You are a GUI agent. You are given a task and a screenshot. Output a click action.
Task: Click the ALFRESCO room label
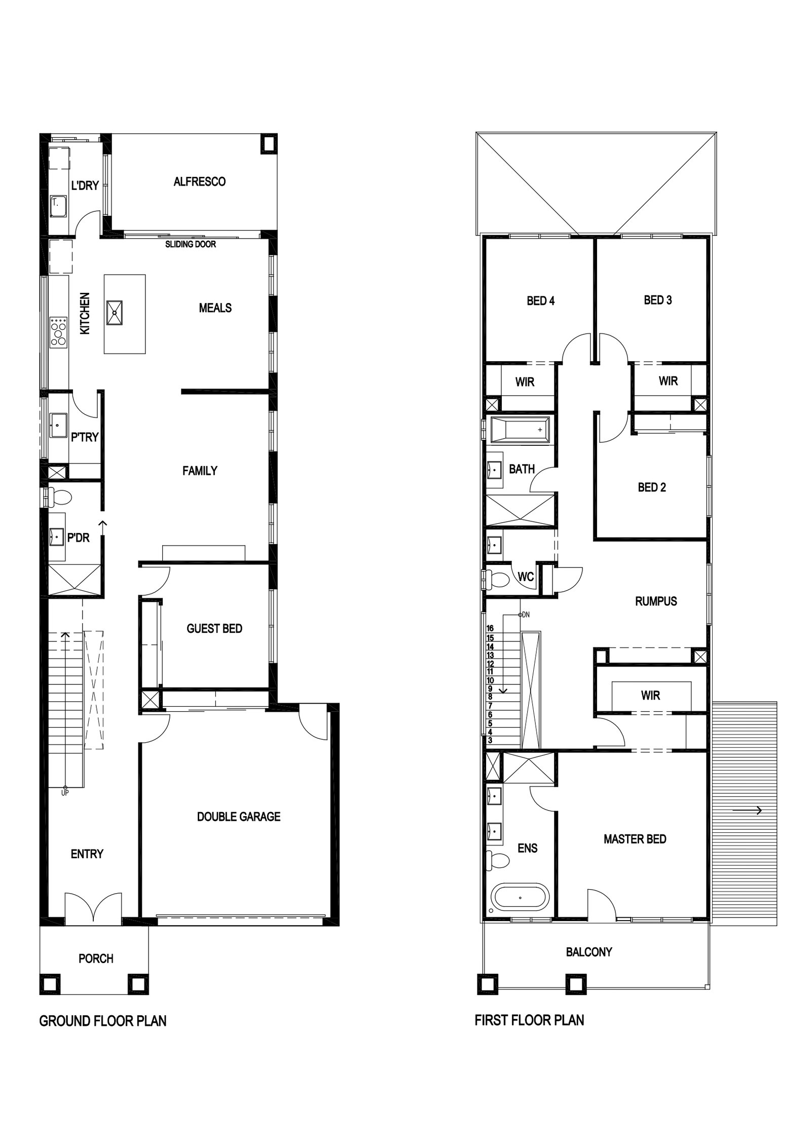point(199,181)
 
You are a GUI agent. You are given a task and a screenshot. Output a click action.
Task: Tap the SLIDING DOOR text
point(191,244)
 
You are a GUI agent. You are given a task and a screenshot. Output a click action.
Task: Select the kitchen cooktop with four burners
point(59,332)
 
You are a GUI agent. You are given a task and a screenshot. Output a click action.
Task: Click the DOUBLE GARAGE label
point(239,816)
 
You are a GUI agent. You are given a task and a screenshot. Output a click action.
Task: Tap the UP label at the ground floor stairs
point(65,793)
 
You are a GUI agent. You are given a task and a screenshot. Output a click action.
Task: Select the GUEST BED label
point(214,628)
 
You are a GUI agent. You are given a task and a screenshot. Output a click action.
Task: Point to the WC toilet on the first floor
point(496,579)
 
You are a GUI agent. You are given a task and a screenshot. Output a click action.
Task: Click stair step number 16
point(490,629)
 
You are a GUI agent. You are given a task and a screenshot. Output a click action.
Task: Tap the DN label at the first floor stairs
point(526,615)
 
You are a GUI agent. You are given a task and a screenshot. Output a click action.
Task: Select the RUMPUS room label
point(656,601)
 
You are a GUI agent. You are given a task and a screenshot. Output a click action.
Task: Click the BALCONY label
point(589,952)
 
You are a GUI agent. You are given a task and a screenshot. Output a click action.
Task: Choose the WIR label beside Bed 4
point(525,382)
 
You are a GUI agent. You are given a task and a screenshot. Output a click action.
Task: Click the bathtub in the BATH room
point(520,430)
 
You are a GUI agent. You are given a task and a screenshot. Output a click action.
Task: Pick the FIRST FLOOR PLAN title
point(529,1020)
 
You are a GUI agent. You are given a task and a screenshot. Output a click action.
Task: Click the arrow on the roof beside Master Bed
point(747,811)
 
